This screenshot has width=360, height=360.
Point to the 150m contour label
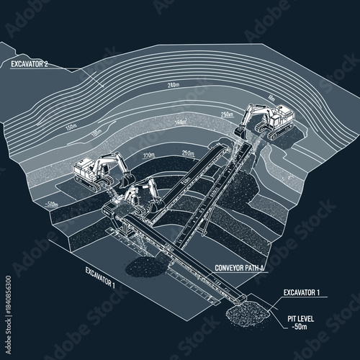click(x=71, y=127)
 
